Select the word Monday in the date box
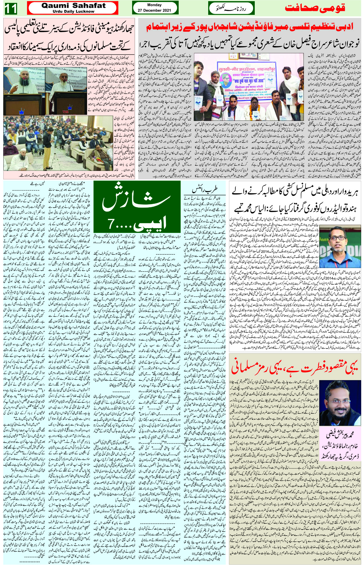point(154,5)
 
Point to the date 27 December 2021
point(154,10)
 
